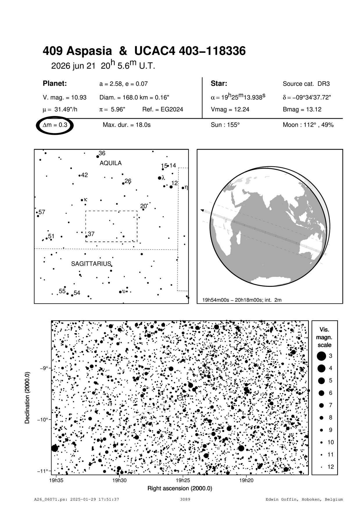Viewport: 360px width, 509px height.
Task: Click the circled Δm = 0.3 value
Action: [55, 125]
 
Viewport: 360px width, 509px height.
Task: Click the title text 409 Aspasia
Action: [77, 51]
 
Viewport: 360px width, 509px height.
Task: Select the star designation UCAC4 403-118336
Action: [190, 51]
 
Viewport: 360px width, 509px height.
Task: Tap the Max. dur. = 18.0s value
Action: [126, 125]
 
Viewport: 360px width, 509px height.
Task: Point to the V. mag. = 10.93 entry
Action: [65, 98]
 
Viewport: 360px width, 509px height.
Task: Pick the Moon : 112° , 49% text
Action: [308, 125]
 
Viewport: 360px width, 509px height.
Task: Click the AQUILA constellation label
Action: [110, 163]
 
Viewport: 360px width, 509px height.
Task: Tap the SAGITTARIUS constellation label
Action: [91, 264]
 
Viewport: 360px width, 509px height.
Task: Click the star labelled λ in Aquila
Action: [160, 178]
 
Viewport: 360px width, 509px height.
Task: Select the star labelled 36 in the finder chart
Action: [98, 157]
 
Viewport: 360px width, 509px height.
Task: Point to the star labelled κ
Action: [82, 200]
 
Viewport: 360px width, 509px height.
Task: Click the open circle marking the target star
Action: [180, 397]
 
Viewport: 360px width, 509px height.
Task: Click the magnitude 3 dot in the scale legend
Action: [321, 356]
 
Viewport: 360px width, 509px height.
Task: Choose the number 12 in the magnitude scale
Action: [331, 467]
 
